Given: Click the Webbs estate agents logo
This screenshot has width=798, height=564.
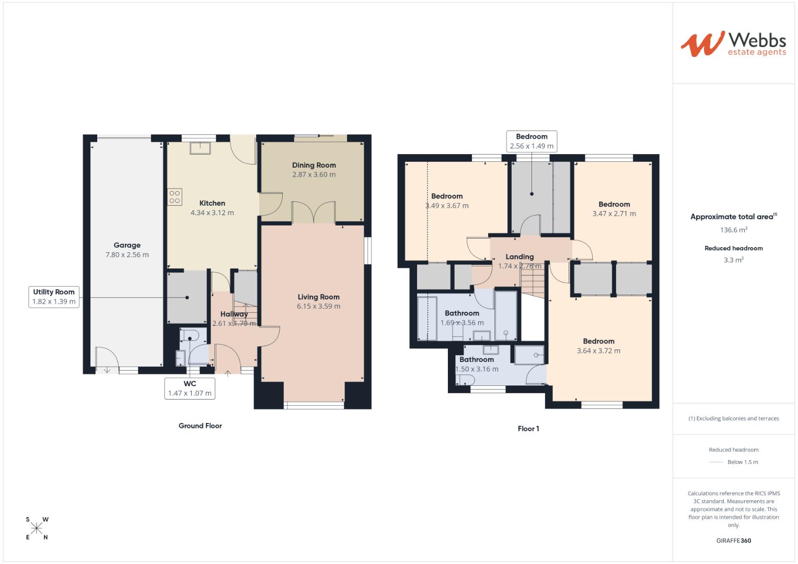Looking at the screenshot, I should point(733,44).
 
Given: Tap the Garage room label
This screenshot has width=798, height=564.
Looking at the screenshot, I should point(127,245).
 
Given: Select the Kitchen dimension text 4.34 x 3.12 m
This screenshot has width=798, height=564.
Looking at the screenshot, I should point(212,213).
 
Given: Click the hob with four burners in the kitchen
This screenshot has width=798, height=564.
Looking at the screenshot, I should point(175,197).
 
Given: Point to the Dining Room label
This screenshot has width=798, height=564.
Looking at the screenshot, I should point(314,165).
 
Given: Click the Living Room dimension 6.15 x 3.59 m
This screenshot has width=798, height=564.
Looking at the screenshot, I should point(318,306).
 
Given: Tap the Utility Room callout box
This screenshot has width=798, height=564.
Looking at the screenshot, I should point(54,297).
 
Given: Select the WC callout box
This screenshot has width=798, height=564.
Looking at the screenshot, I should point(190,388).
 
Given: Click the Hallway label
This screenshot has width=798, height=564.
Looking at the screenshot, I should point(234,314).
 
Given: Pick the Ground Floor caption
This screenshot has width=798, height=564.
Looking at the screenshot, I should point(200,426).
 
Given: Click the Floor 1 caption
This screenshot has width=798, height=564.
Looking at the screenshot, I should point(528,429).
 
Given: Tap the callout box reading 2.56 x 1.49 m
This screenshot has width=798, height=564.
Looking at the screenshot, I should point(531,142).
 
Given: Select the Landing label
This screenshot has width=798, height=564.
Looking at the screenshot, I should point(519,256).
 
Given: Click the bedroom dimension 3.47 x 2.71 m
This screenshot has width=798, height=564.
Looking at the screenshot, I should point(614,214).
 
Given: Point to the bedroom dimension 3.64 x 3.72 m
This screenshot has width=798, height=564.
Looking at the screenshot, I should point(598,351).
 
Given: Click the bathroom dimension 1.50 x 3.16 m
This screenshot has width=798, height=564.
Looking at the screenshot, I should point(477,369).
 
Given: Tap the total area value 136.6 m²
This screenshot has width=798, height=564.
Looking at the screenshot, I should point(733,230).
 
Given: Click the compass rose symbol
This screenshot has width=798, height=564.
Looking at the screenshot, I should point(37,528).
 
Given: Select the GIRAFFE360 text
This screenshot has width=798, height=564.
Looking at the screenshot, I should point(733,540).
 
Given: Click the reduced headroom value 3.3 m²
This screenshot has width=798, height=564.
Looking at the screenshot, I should point(733,260).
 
